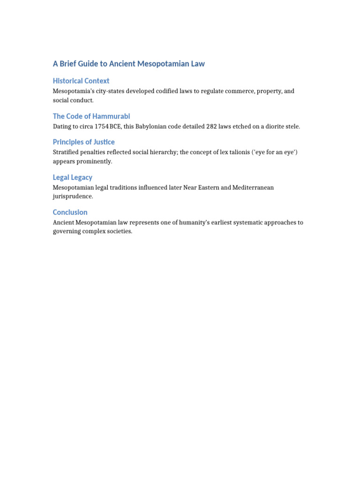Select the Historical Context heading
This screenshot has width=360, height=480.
click(81, 81)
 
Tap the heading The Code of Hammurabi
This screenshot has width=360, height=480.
click(91, 116)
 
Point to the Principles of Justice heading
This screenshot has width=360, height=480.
click(83, 142)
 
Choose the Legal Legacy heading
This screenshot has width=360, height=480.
click(72, 177)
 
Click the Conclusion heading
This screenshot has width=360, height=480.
click(70, 212)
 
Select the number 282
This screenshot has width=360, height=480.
click(212, 127)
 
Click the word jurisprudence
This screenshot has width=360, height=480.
click(73, 196)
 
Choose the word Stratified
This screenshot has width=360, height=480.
click(66, 152)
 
